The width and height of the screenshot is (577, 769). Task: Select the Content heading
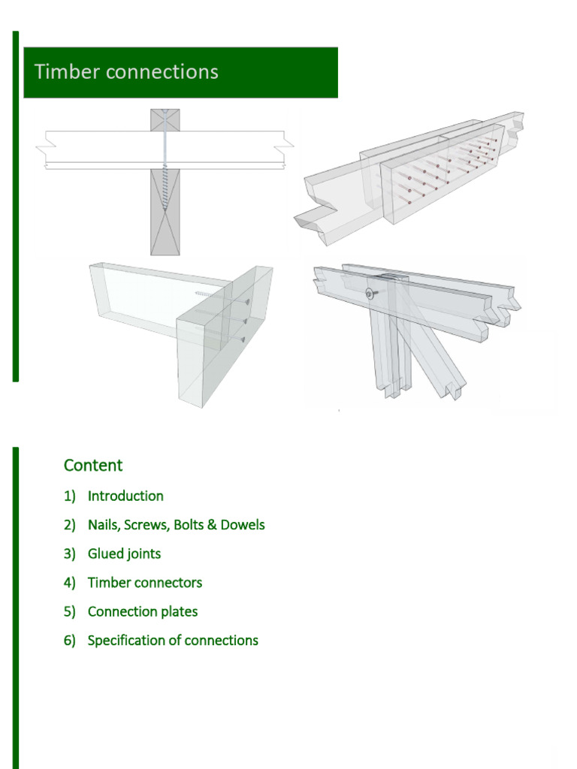[x=93, y=465]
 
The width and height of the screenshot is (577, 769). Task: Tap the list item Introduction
[x=125, y=496]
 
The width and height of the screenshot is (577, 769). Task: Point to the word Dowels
[x=243, y=525]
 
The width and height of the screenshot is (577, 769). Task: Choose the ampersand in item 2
[x=213, y=525]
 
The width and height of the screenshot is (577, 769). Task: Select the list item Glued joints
[x=124, y=553]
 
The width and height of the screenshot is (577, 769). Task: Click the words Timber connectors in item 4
[x=144, y=583]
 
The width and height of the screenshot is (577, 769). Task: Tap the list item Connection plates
[x=143, y=611]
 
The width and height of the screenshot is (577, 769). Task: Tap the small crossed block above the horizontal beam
[x=165, y=120]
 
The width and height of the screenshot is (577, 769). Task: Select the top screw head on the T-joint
[x=246, y=301]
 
